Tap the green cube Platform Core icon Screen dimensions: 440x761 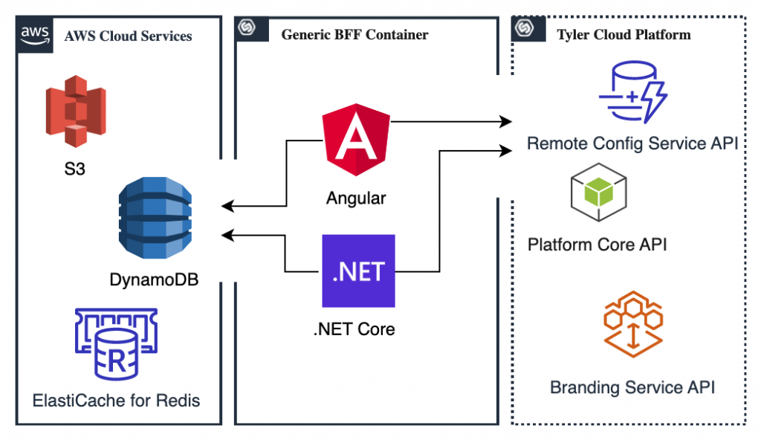599,195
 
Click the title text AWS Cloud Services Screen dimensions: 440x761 128,36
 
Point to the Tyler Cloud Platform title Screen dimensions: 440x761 624,35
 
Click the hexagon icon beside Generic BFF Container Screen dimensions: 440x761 246,29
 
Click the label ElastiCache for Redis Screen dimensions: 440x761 117,401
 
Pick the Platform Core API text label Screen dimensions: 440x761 597,244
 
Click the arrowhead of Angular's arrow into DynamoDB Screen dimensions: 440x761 226,206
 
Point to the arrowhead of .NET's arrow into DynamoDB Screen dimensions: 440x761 226,236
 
